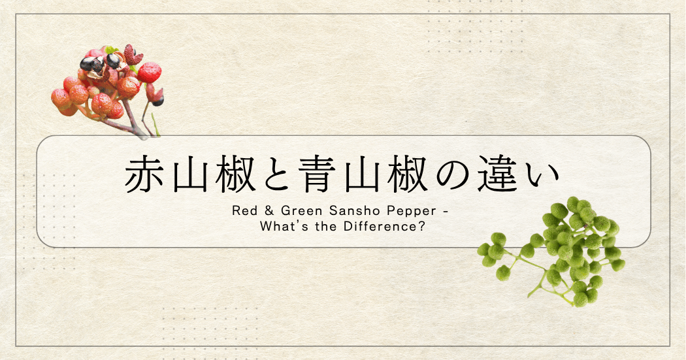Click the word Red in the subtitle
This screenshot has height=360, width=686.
click(243, 213)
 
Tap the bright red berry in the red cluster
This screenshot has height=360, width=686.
click(150, 72)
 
